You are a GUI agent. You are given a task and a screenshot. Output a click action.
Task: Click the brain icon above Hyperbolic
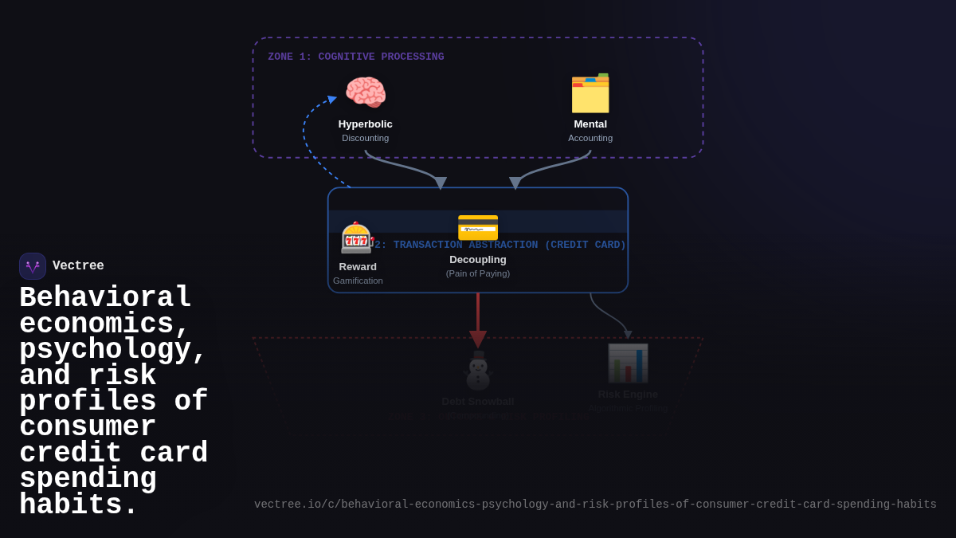tap(366, 92)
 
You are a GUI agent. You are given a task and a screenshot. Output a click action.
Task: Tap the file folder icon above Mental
tap(590, 93)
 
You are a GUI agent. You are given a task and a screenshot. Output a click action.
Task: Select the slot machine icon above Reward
tap(357, 238)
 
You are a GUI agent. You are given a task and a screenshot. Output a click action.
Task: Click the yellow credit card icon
tap(478, 228)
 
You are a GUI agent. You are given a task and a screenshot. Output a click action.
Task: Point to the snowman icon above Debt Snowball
tap(478, 371)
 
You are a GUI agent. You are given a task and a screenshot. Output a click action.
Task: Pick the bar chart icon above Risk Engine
tap(628, 363)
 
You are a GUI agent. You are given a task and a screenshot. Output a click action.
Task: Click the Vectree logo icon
tap(33, 266)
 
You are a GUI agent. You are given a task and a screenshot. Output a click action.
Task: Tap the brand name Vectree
tap(78, 266)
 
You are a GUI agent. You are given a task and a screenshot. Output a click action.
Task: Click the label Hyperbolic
tap(365, 124)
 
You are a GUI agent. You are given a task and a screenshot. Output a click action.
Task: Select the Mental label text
tap(590, 124)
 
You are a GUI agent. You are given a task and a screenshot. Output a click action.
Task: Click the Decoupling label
tap(478, 260)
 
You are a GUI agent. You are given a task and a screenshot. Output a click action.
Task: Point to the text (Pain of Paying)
tap(478, 273)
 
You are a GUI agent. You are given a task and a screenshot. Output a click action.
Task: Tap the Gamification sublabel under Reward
tap(358, 281)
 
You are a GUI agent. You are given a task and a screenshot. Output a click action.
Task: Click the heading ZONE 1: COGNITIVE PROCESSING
tap(356, 57)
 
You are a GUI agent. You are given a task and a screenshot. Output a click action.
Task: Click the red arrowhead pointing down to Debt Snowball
tap(478, 339)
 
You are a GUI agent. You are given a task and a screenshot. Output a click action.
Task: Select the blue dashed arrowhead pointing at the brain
tap(331, 100)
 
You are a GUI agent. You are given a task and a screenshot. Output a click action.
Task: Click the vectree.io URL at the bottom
tap(595, 505)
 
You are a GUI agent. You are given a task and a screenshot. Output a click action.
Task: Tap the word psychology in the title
tap(112, 351)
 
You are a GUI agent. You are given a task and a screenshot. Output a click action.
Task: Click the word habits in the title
tap(78, 505)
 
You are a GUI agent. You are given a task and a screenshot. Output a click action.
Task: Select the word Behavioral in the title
tap(105, 298)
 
